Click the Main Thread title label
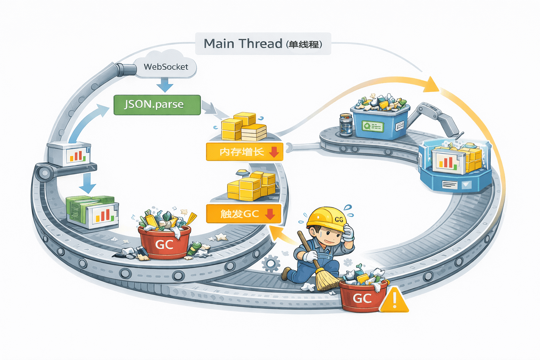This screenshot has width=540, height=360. coord(263,44)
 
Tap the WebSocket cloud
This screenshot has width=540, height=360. coord(166,65)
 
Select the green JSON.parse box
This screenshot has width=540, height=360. coord(157,104)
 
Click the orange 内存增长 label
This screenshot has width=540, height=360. coord(244,152)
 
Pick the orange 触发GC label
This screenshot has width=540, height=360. coord(244,213)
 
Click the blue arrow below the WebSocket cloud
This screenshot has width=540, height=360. coord(165,85)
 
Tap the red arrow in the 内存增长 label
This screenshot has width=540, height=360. coord(274,152)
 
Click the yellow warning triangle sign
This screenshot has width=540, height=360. coord(394,301)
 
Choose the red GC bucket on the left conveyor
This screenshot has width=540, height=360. coord(165,243)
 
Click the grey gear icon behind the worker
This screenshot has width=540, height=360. coord(271,263)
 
